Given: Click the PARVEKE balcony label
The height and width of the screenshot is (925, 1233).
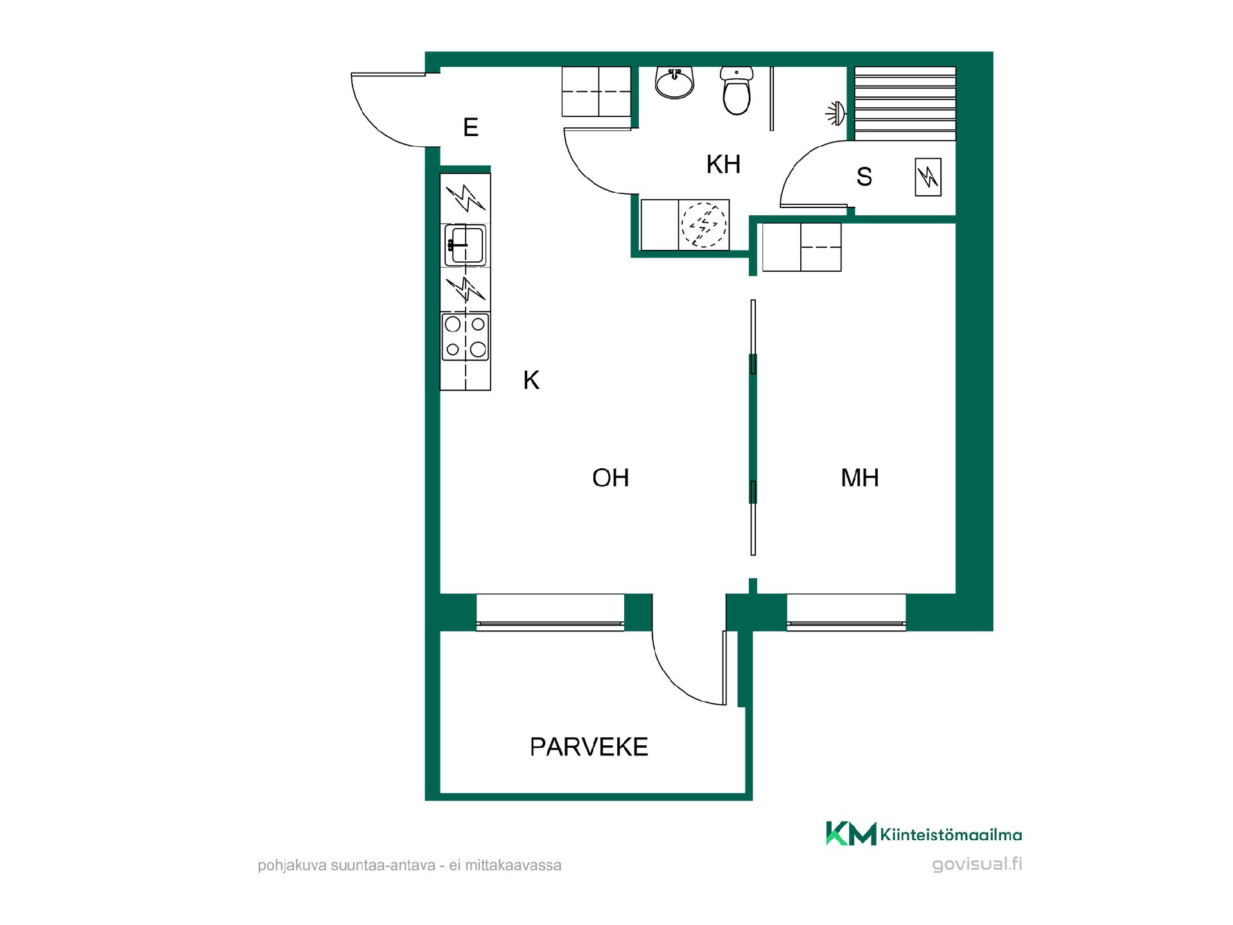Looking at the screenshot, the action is coord(589,747).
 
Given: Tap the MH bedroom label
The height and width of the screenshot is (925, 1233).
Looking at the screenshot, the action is coord(860,478).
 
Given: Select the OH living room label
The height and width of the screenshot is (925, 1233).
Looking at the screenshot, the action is coord(611,478).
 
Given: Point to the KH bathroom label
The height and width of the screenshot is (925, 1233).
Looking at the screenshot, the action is coord(724,164).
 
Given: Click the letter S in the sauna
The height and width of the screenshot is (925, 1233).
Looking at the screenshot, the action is coord(864,177).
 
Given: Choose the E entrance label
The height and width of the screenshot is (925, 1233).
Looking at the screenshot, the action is coord(471,127).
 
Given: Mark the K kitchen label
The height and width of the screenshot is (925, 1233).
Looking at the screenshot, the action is coord(531,380).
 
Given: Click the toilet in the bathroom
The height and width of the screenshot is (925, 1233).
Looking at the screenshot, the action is coord(736,91).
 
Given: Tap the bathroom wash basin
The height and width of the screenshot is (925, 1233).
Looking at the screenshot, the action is coord(675,84).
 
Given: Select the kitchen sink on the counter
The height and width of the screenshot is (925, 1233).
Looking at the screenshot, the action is coord(466,245).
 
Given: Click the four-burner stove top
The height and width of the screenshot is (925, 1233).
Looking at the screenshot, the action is coord(466,337).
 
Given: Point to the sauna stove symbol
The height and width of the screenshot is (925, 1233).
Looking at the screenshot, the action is coord(928,177).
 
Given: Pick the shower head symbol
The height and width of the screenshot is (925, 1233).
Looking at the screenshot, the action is coord(835,113).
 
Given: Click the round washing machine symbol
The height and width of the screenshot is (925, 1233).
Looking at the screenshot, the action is coord(704,225).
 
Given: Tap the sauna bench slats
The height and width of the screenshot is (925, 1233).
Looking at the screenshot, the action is coord(905,103).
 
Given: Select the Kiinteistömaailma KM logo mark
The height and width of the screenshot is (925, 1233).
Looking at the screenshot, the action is coord(851,833).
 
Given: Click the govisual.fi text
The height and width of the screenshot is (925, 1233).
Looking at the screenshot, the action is coord(977,864).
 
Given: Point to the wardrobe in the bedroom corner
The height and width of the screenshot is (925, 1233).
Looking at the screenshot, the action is coord(801,247).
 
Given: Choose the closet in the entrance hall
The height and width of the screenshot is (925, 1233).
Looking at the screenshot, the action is coord(597,92).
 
